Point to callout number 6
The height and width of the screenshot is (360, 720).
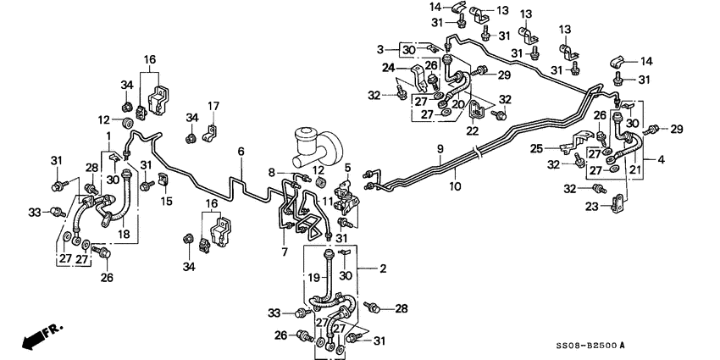pyautogui.click(x=241, y=151)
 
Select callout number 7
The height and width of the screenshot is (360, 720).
pyautogui.click(x=285, y=253)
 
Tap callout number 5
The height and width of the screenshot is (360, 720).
pyautogui.click(x=347, y=168)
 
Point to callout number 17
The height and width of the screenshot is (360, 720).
pyautogui.click(x=213, y=106)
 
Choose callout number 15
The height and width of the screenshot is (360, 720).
pyautogui.click(x=167, y=201)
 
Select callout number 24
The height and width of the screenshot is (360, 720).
pyautogui.click(x=389, y=68)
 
